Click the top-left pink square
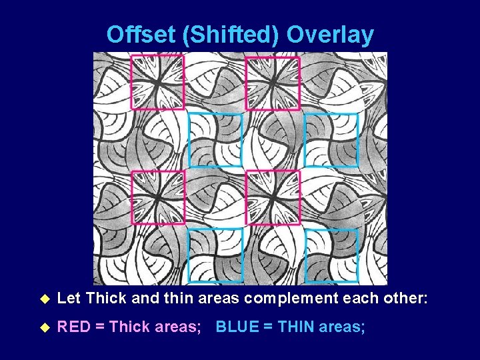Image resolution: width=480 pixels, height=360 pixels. pos(157,82)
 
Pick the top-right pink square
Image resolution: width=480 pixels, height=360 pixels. pos(273,82)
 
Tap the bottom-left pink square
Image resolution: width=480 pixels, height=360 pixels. pos(157,197)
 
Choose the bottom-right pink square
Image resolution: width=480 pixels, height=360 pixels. pos(273,197)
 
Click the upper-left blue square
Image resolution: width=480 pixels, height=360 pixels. pos(215,140)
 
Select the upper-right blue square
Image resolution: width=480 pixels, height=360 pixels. pos(331,140)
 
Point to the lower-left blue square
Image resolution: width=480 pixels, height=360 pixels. pos(215,255)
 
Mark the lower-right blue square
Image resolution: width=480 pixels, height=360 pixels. pos(331,255)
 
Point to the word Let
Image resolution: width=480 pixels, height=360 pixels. pos(69,299)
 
